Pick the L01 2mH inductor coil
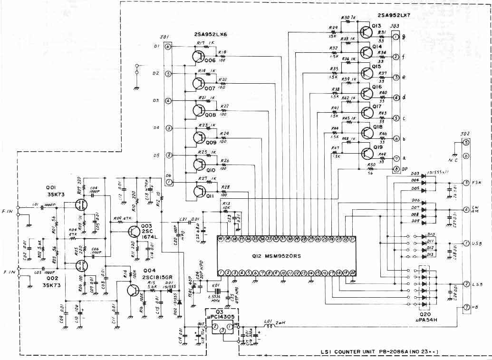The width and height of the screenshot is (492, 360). pos(275,326)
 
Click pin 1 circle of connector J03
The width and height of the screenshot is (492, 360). pos(396,37)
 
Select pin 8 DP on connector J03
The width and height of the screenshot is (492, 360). pos(396,169)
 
